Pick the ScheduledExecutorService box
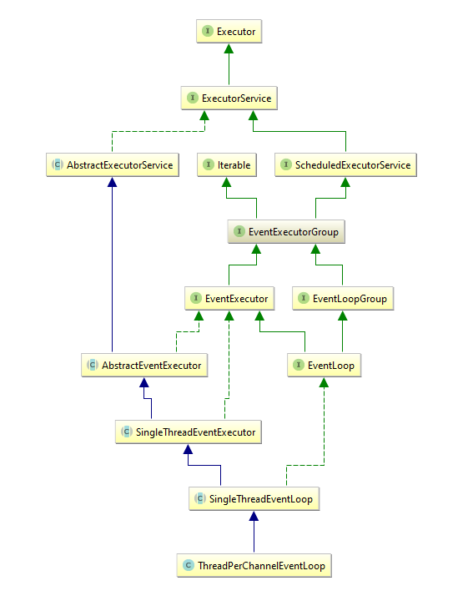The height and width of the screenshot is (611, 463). pyautogui.click(x=345, y=165)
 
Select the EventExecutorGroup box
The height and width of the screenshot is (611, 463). pyautogui.click(x=285, y=232)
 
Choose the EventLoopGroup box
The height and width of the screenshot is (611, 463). pyautogui.click(x=342, y=298)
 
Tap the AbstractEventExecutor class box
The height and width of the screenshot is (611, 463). pyautogui.click(x=144, y=365)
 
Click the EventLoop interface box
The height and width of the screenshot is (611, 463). pyautogui.click(x=325, y=365)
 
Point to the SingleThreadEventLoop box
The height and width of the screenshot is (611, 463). pyautogui.click(x=254, y=499)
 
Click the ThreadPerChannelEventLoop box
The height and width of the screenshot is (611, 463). pyautogui.click(x=254, y=566)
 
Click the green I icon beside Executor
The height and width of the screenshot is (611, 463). pyautogui.click(x=208, y=32)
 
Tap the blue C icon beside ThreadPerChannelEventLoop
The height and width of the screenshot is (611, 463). pyautogui.click(x=189, y=566)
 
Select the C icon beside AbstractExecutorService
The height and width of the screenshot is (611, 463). pyautogui.click(x=58, y=165)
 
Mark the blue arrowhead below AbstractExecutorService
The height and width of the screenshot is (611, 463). pyautogui.click(x=112, y=183)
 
